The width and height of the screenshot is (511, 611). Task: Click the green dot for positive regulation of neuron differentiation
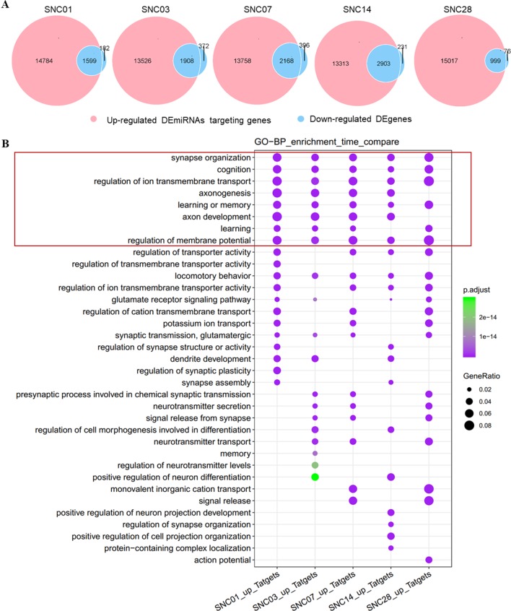[x=315, y=477]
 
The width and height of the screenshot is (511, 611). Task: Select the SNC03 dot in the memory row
[x=315, y=453]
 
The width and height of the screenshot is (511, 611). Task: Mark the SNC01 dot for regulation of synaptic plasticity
[x=276, y=370]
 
